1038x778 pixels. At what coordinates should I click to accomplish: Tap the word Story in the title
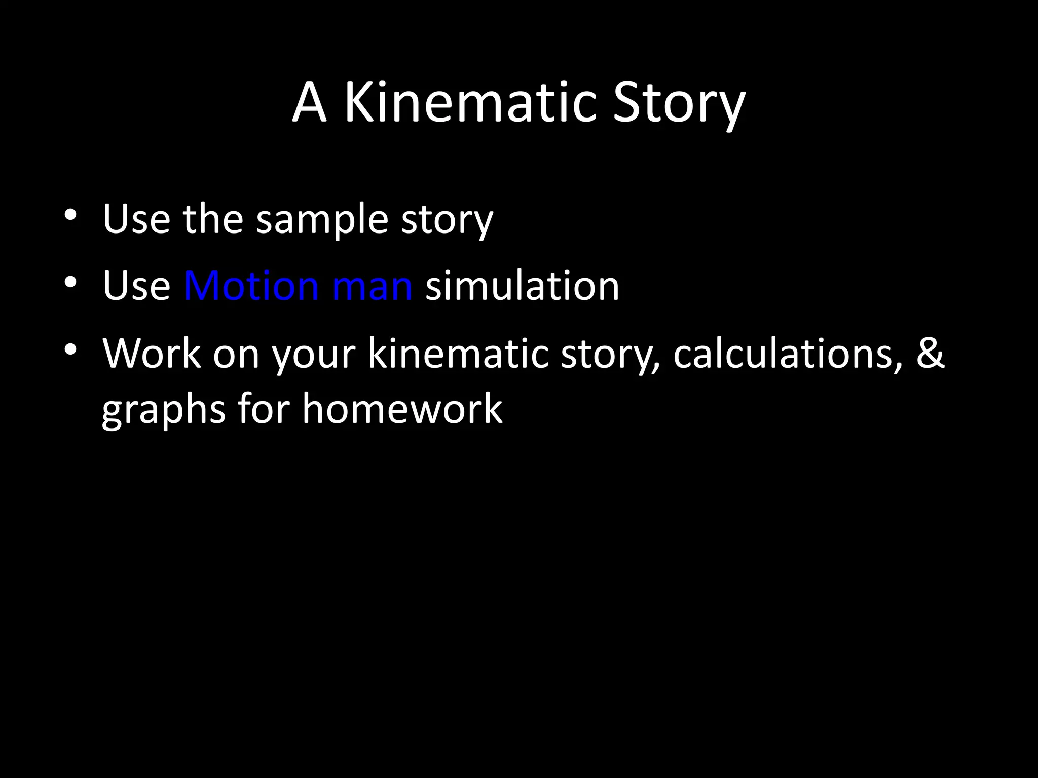(x=679, y=104)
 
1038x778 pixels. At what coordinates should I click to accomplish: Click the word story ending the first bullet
(x=447, y=220)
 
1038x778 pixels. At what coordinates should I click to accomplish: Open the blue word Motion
(x=251, y=286)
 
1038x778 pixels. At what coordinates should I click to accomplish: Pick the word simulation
(x=522, y=286)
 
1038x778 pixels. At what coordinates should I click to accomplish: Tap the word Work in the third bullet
(x=152, y=353)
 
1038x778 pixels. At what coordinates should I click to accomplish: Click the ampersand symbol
(x=930, y=353)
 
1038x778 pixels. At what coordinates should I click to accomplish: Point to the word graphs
(x=163, y=409)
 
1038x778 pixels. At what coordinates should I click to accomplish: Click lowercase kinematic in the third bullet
(x=458, y=353)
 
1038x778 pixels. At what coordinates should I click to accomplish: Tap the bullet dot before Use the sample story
(x=70, y=215)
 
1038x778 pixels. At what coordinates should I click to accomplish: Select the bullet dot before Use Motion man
(x=70, y=282)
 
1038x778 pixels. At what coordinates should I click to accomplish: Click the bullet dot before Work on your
(x=70, y=349)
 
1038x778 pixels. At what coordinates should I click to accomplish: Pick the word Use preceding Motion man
(x=136, y=286)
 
